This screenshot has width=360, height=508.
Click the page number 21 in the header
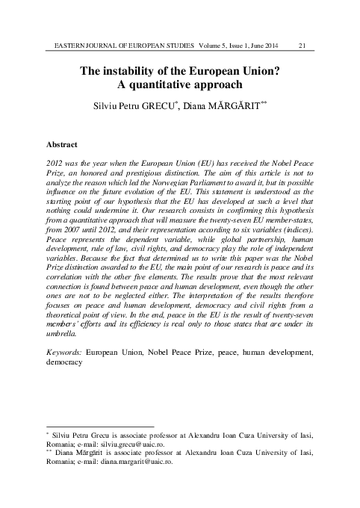click(302, 46)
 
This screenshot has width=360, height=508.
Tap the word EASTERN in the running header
click(63, 46)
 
